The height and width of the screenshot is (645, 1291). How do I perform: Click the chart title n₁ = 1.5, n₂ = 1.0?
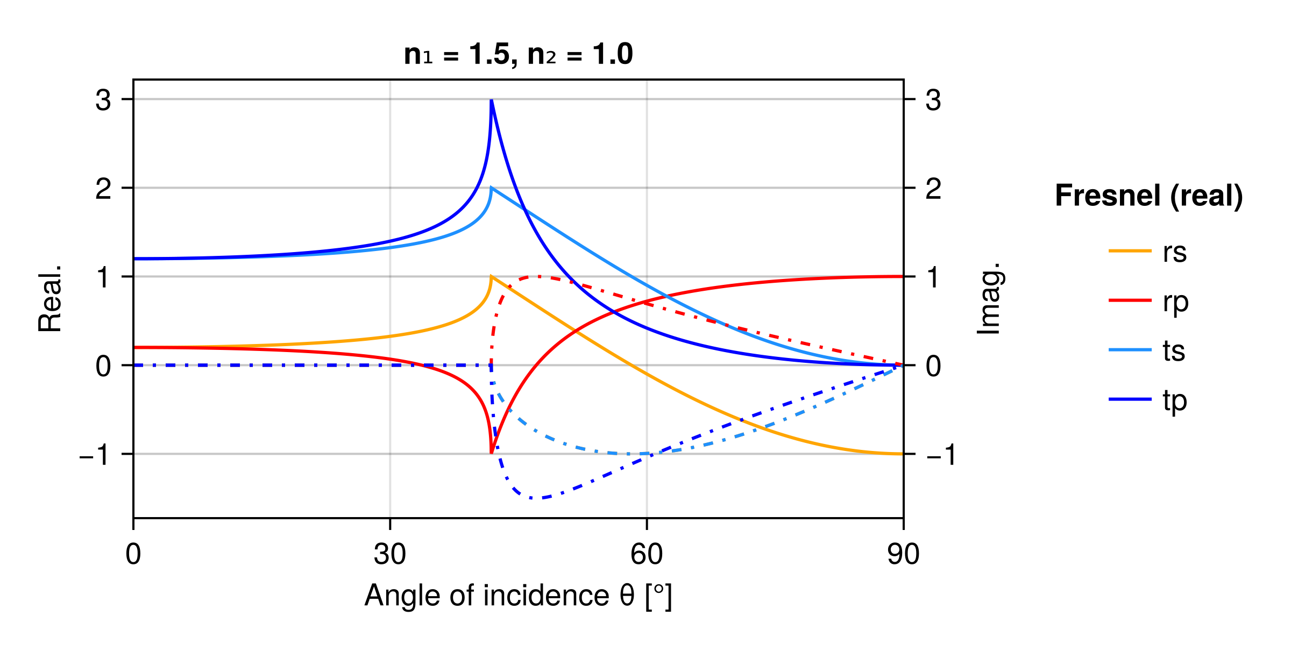[518, 54]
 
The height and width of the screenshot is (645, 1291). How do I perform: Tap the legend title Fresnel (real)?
[1149, 195]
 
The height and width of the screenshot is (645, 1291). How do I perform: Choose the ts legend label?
[1174, 351]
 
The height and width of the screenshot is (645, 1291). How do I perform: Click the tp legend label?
[1174, 400]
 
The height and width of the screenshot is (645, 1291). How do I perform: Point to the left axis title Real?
[50, 299]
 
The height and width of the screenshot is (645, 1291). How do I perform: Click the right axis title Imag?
[989, 299]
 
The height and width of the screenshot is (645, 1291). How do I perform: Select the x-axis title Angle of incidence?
[518, 596]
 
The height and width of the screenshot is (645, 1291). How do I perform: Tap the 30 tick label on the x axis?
[389, 554]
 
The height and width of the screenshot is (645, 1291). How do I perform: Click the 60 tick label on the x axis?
[647, 554]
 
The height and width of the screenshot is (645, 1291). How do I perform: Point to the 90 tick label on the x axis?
[903, 554]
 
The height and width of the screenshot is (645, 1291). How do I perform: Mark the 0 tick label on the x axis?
[133, 554]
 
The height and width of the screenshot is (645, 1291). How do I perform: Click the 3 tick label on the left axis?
[103, 100]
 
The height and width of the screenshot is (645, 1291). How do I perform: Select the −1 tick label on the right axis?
[941, 455]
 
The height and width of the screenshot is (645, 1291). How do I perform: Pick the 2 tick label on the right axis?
[933, 189]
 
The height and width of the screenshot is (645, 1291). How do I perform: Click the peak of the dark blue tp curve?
[492, 101]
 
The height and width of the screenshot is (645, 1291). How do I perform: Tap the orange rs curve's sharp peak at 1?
[492, 277]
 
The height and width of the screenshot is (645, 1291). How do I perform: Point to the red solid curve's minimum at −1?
[491, 453]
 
